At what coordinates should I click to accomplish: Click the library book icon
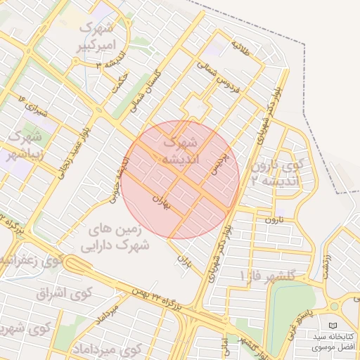[333, 326]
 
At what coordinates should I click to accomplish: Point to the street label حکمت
[120, 82]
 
